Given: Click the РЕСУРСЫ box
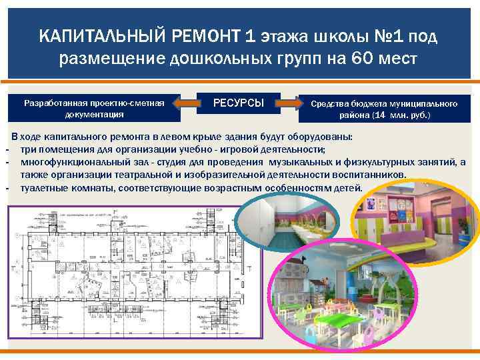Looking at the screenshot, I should pyautogui.click(x=238, y=103).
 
